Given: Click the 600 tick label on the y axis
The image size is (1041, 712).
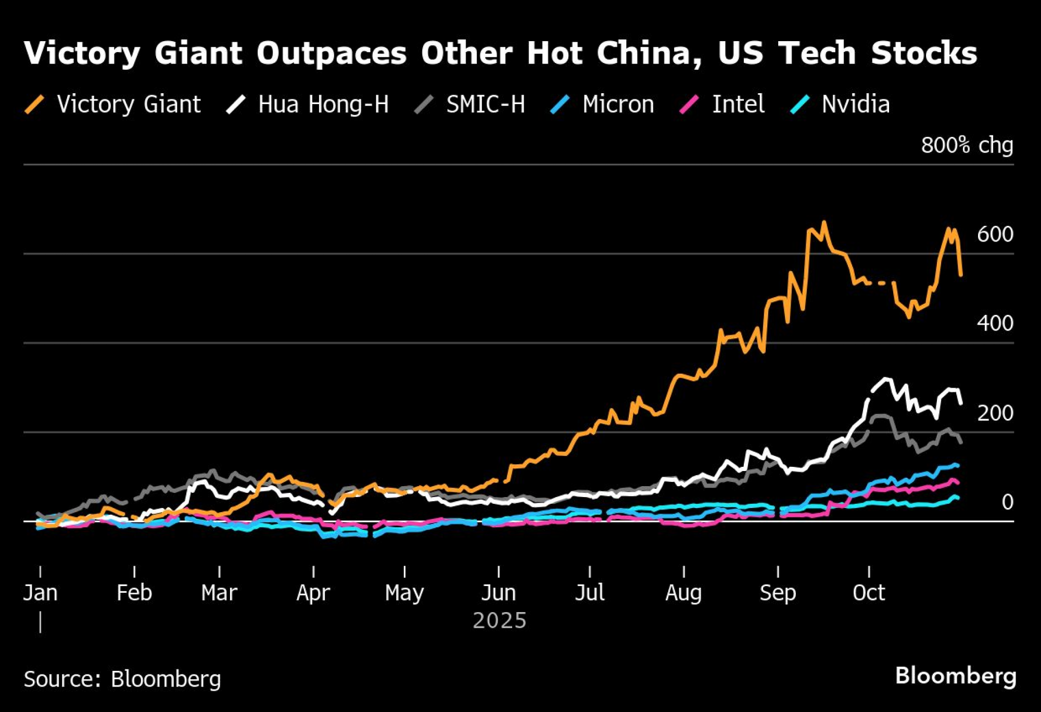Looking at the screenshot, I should tap(995, 234).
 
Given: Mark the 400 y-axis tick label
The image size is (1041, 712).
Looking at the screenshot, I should tap(995, 323).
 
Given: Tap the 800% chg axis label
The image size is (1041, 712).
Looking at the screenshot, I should tap(967, 145).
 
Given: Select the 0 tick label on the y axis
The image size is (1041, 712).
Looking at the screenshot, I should tap(1007, 502).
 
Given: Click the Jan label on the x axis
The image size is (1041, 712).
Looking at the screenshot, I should tap(41, 593).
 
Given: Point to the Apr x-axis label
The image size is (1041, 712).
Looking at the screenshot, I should tap(313, 593).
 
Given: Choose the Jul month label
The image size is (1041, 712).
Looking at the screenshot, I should tap(590, 593).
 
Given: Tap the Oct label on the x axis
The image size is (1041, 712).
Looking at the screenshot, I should tap(869, 593).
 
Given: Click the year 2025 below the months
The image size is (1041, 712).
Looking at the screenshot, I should tap(499, 620).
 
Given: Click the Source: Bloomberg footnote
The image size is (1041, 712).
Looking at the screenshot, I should tap(122, 679).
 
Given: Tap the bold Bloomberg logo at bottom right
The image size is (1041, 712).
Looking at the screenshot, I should tap(956, 676).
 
